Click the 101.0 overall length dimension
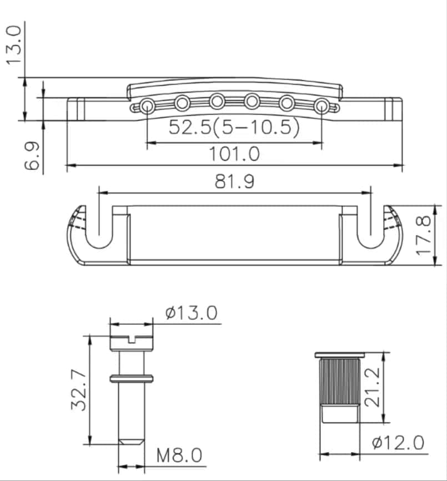(234, 154)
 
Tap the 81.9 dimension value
(234, 181)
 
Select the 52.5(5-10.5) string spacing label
(234, 127)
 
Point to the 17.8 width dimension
(424, 236)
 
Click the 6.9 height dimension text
(32, 155)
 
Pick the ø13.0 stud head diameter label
(191, 312)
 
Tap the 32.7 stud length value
(79, 390)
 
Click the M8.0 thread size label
(179, 455)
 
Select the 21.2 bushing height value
(372, 387)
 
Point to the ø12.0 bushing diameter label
(398, 443)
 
